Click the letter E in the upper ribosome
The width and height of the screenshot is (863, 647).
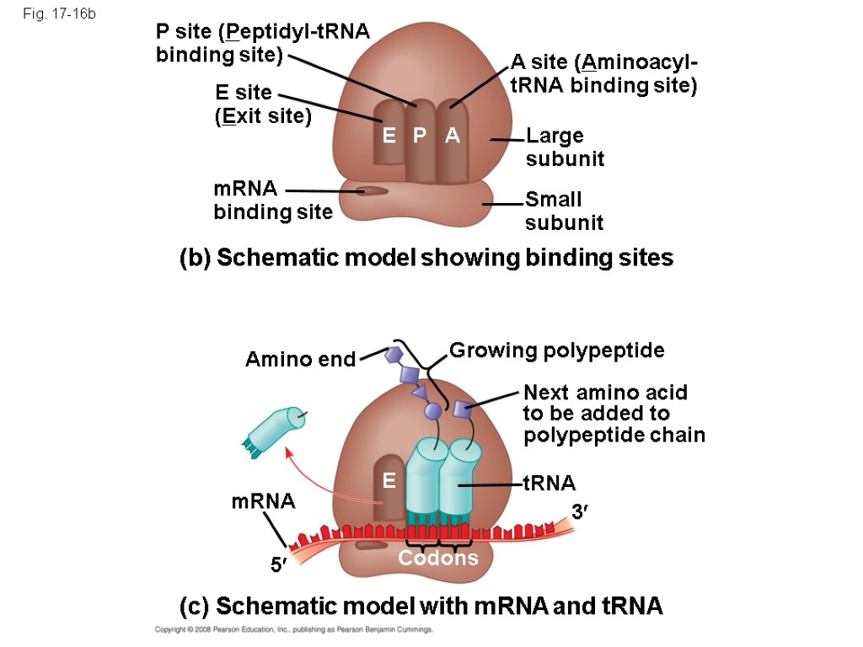pyautogui.click(x=389, y=135)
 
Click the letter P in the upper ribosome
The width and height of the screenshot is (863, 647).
pyautogui.click(x=420, y=135)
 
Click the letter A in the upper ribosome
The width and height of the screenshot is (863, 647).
pyautogui.click(x=453, y=135)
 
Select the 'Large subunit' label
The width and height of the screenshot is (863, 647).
pyautogui.click(x=564, y=147)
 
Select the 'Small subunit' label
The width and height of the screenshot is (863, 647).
pyautogui.click(x=564, y=211)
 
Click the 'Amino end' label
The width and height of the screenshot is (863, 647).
pyautogui.click(x=300, y=360)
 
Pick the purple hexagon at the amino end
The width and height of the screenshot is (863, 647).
pyautogui.click(x=393, y=355)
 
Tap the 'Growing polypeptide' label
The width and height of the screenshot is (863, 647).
pyautogui.click(x=556, y=350)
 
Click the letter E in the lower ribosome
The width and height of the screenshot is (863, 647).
pyautogui.click(x=388, y=481)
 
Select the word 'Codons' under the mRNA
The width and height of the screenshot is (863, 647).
pyautogui.click(x=437, y=559)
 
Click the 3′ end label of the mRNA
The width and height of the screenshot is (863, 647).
pyautogui.click(x=579, y=511)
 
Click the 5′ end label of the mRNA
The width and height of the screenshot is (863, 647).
pyautogui.click(x=278, y=566)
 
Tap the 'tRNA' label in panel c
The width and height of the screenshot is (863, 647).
pyautogui.click(x=549, y=484)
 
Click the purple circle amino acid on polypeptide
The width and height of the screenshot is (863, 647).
pyautogui.click(x=432, y=411)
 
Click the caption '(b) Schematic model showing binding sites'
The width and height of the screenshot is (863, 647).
pyautogui.click(x=426, y=259)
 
